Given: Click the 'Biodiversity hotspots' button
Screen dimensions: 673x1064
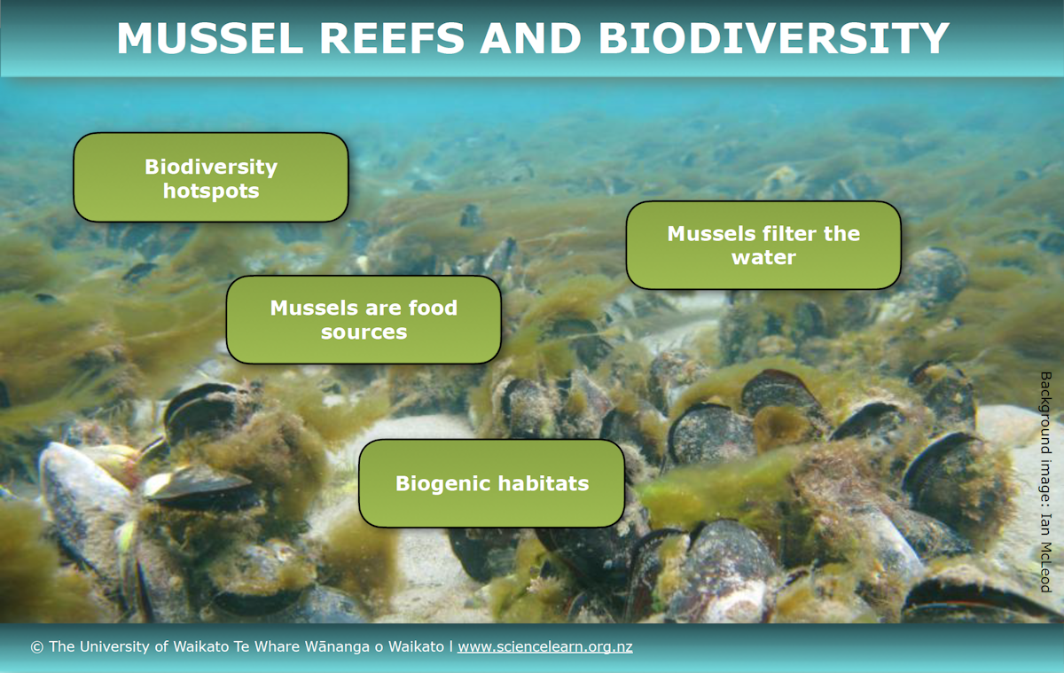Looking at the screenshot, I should tap(210, 177).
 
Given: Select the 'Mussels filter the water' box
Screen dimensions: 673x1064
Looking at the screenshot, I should tap(763, 245).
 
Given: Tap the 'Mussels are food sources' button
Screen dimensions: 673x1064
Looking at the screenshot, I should tap(364, 319).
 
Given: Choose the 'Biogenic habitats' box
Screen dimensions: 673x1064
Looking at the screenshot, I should tap(491, 483).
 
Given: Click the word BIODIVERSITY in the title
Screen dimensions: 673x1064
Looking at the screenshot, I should tap(773, 38).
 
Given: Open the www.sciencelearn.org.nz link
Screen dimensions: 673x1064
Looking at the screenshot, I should tap(544, 647).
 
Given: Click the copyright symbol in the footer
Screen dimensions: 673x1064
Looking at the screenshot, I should tap(36, 647).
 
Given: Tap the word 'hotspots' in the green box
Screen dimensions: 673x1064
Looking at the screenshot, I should tap(211, 191).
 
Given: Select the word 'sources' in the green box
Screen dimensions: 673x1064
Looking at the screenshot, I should tap(364, 333).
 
